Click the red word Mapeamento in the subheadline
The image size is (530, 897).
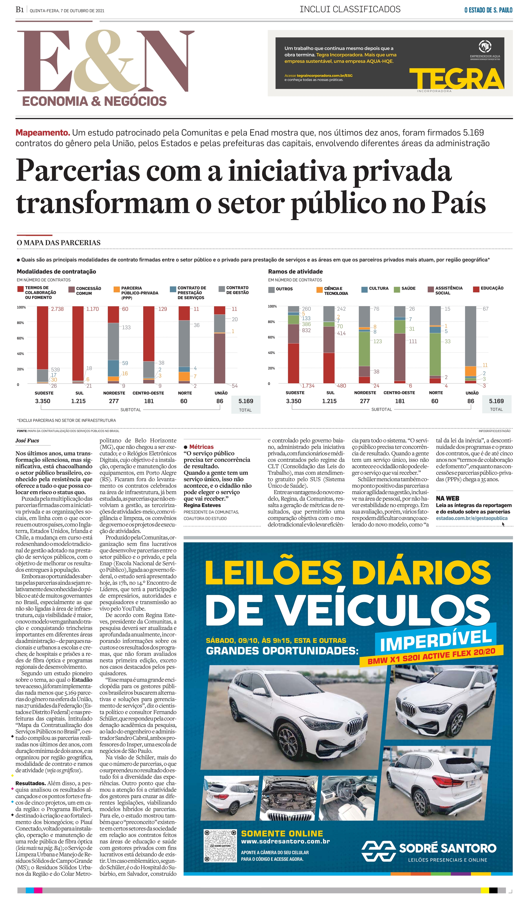[43, 133]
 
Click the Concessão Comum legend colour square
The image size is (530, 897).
[71, 289]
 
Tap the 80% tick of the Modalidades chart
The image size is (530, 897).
[20, 323]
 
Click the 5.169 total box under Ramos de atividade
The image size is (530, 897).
[496, 404]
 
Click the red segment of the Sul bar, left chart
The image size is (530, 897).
[78, 343]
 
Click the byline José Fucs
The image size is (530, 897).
[27, 441]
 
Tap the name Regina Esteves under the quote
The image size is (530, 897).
[202, 505]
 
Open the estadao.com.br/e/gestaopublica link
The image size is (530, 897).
[471, 518]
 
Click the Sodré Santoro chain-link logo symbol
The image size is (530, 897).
[378, 852]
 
